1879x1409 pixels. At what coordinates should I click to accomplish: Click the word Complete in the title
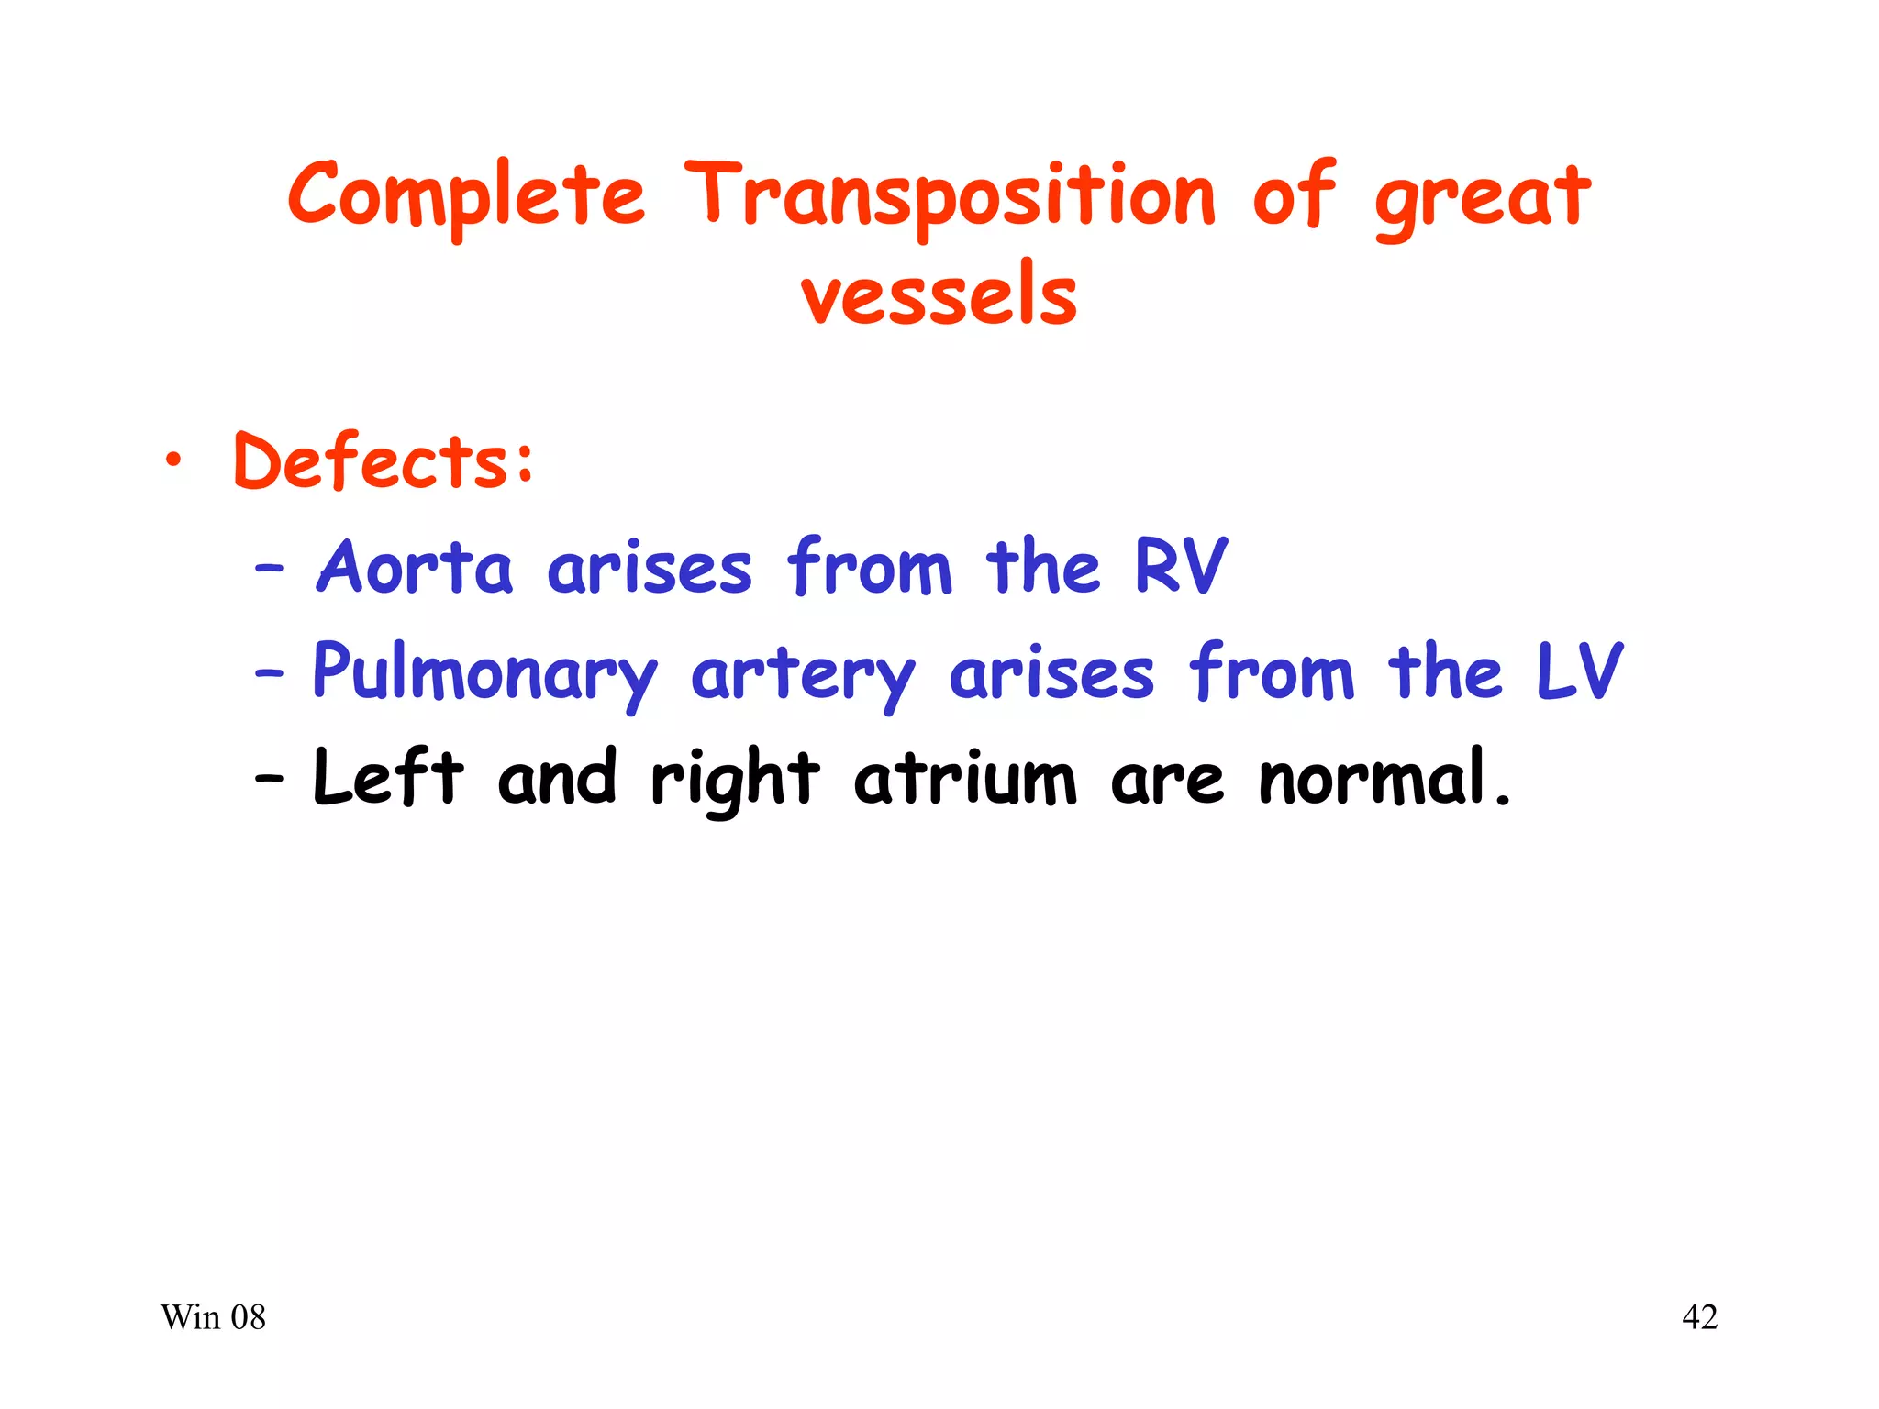pyautogui.click(x=466, y=195)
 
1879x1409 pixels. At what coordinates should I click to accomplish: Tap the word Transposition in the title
pyautogui.click(x=950, y=195)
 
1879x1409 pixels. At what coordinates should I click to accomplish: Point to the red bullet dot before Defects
pyautogui.click(x=173, y=462)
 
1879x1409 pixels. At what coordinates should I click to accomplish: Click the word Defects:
pyautogui.click(x=384, y=461)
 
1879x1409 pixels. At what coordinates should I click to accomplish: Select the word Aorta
pyautogui.click(x=415, y=567)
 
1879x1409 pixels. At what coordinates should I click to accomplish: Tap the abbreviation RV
pyautogui.click(x=1180, y=567)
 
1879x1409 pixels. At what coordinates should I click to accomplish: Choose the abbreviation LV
pyautogui.click(x=1578, y=672)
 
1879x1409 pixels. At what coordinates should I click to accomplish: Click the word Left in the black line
pyautogui.click(x=388, y=778)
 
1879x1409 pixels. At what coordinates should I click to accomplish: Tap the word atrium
pyautogui.click(x=964, y=780)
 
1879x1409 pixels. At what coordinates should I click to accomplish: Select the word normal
pyautogui.click(x=1384, y=778)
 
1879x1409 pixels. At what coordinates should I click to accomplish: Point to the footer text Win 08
pyautogui.click(x=213, y=1317)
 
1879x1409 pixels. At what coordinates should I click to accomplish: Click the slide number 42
pyautogui.click(x=1699, y=1317)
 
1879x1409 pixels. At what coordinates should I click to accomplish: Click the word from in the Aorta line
pyautogui.click(x=870, y=567)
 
